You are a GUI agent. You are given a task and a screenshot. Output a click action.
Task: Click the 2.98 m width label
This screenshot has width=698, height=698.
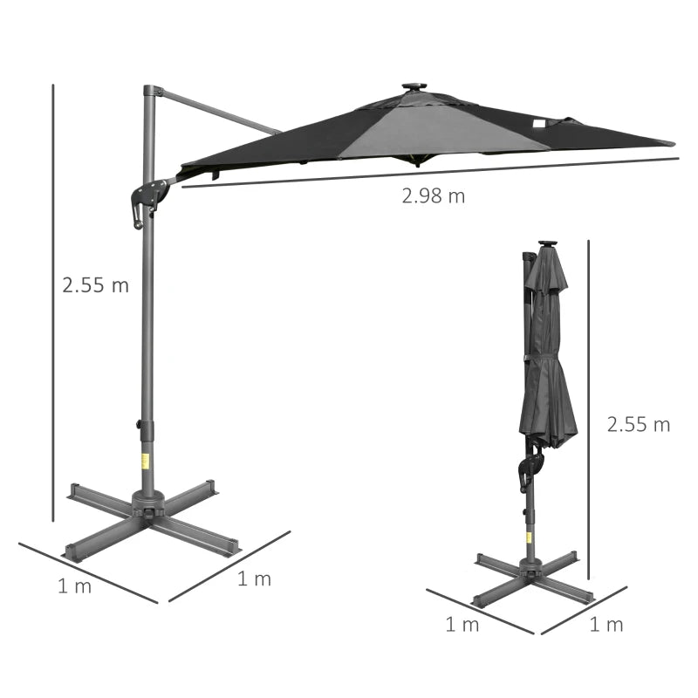434,196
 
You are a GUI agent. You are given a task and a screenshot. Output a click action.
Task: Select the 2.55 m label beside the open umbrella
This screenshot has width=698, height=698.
95,285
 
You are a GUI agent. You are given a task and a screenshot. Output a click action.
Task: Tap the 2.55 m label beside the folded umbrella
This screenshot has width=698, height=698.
639,425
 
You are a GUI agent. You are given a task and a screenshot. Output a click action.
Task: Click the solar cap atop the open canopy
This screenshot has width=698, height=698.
413,88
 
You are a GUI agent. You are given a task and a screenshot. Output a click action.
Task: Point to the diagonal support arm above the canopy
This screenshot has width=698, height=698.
218,111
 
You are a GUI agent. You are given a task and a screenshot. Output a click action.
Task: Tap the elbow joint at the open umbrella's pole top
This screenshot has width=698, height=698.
152,92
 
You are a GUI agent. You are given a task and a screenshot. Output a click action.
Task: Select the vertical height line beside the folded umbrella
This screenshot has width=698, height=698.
590,410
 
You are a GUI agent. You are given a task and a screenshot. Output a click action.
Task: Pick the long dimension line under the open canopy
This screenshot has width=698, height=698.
428,173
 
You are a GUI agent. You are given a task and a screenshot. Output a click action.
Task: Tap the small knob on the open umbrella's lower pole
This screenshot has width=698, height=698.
138,425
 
